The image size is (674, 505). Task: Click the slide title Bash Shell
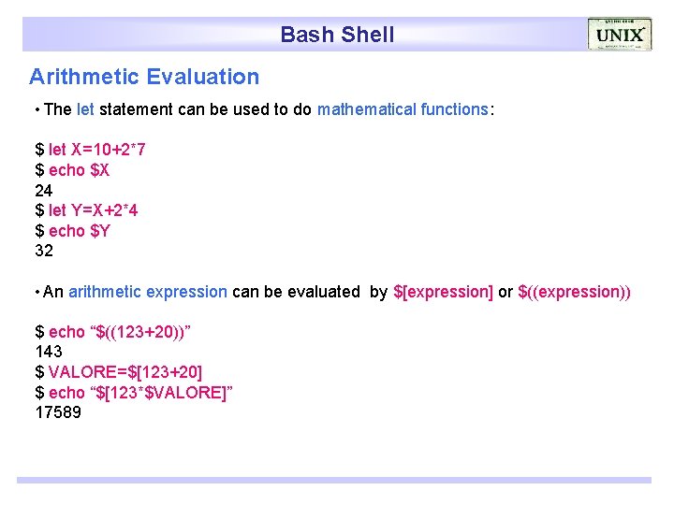[x=337, y=36]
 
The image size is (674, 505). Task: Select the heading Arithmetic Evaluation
[x=144, y=77]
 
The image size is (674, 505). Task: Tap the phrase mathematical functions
[x=403, y=109]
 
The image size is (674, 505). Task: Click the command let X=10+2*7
[x=96, y=150]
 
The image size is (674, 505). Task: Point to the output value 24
[x=44, y=190]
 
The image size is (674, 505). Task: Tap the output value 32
[x=44, y=251]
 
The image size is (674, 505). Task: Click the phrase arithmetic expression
[x=147, y=292]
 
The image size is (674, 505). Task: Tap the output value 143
[x=49, y=353]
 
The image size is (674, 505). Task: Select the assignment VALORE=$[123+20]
[x=125, y=372]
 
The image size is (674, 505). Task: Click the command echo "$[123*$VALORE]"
[x=140, y=393]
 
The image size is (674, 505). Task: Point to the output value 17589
[x=58, y=412]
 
